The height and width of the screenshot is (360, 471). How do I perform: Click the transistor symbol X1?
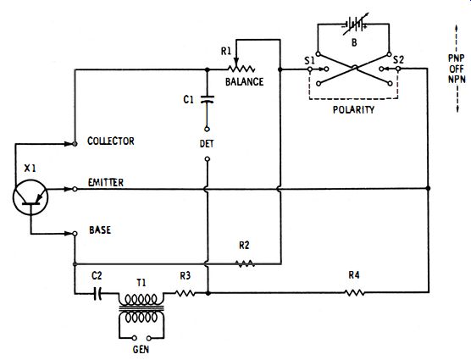30,197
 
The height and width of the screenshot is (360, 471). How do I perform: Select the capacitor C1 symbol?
207,99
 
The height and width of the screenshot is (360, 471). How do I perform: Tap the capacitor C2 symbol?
97,293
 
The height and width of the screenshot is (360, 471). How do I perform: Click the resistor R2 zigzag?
245,263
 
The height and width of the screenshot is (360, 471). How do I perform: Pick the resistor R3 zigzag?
185,293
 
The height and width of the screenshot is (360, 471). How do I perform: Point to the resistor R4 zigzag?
355,292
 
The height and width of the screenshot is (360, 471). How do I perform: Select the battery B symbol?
355,24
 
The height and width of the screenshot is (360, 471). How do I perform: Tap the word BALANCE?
244,81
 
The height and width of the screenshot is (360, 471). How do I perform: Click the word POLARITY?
353,109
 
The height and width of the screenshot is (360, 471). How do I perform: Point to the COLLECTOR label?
110,141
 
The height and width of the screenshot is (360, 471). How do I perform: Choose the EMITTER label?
106,183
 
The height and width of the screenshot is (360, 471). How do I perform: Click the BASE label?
100,230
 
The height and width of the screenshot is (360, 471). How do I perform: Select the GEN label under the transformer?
141,350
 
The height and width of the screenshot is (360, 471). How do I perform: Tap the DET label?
207,144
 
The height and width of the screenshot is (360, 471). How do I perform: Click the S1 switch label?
309,61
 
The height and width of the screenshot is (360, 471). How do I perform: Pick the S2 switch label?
398,60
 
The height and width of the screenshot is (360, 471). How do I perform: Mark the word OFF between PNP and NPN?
457,69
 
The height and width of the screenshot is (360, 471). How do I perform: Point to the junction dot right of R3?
208,293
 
